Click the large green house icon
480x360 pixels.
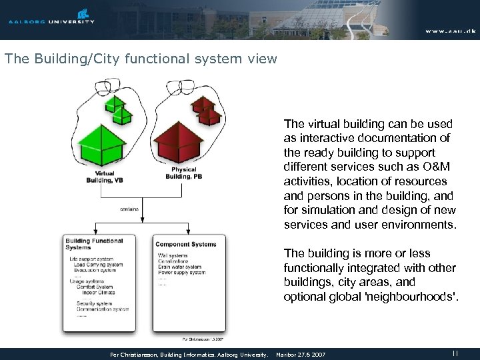(x=101, y=144)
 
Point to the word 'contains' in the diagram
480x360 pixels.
(x=129, y=209)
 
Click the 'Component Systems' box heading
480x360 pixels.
(x=186, y=244)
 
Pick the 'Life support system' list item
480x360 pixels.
(x=93, y=258)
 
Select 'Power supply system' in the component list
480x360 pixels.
(x=181, y=273)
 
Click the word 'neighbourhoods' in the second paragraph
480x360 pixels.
(x=416, y=297)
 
